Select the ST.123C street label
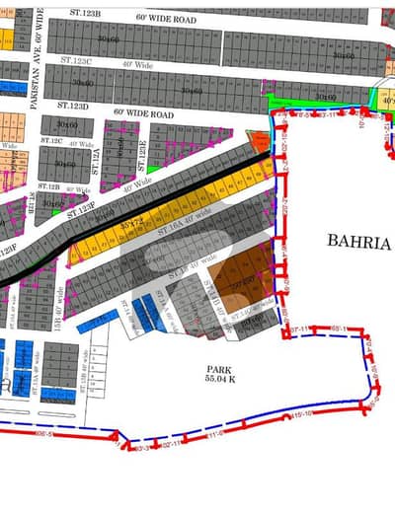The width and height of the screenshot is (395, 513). (x=75, y=61)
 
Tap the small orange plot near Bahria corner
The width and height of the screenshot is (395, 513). (x=259, y=141)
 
